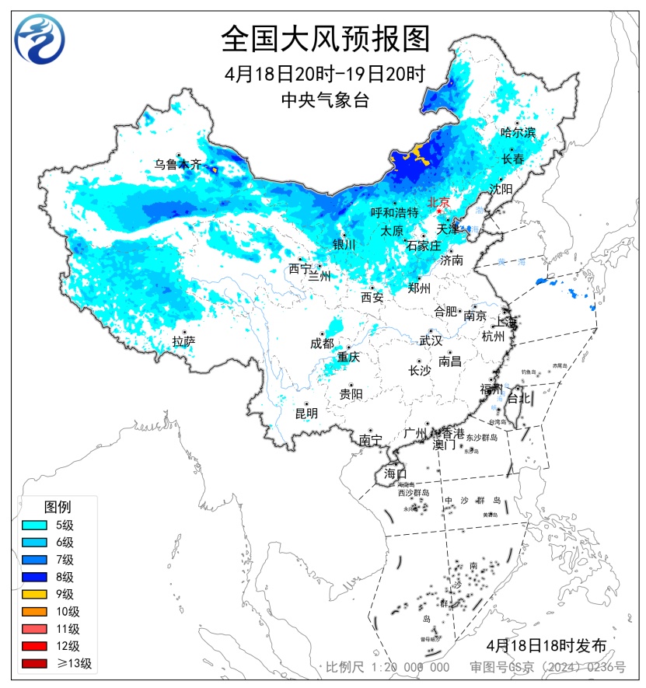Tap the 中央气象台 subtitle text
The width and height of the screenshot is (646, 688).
click(324, 100)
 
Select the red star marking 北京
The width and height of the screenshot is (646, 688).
click(439, 211)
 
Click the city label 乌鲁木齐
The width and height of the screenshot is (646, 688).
click(177, 164)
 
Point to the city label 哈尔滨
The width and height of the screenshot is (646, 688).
click(518, 133)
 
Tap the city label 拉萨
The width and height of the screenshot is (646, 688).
click(183, 341)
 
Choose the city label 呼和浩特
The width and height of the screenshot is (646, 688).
click(394, 212)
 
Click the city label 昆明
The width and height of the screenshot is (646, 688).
click(306, 414)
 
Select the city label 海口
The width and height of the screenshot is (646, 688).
click(395, 473)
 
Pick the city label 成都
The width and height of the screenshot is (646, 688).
click(322, 343)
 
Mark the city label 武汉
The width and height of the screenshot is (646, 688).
click(430, 341)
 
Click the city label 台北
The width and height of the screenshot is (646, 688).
click(519, 398)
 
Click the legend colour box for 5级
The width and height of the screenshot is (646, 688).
click(34, 526)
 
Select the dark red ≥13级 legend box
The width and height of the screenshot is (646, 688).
click(34, 663)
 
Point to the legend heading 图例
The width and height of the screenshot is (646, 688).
click(58, 507)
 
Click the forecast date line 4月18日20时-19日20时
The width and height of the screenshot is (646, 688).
click(324, 75)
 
